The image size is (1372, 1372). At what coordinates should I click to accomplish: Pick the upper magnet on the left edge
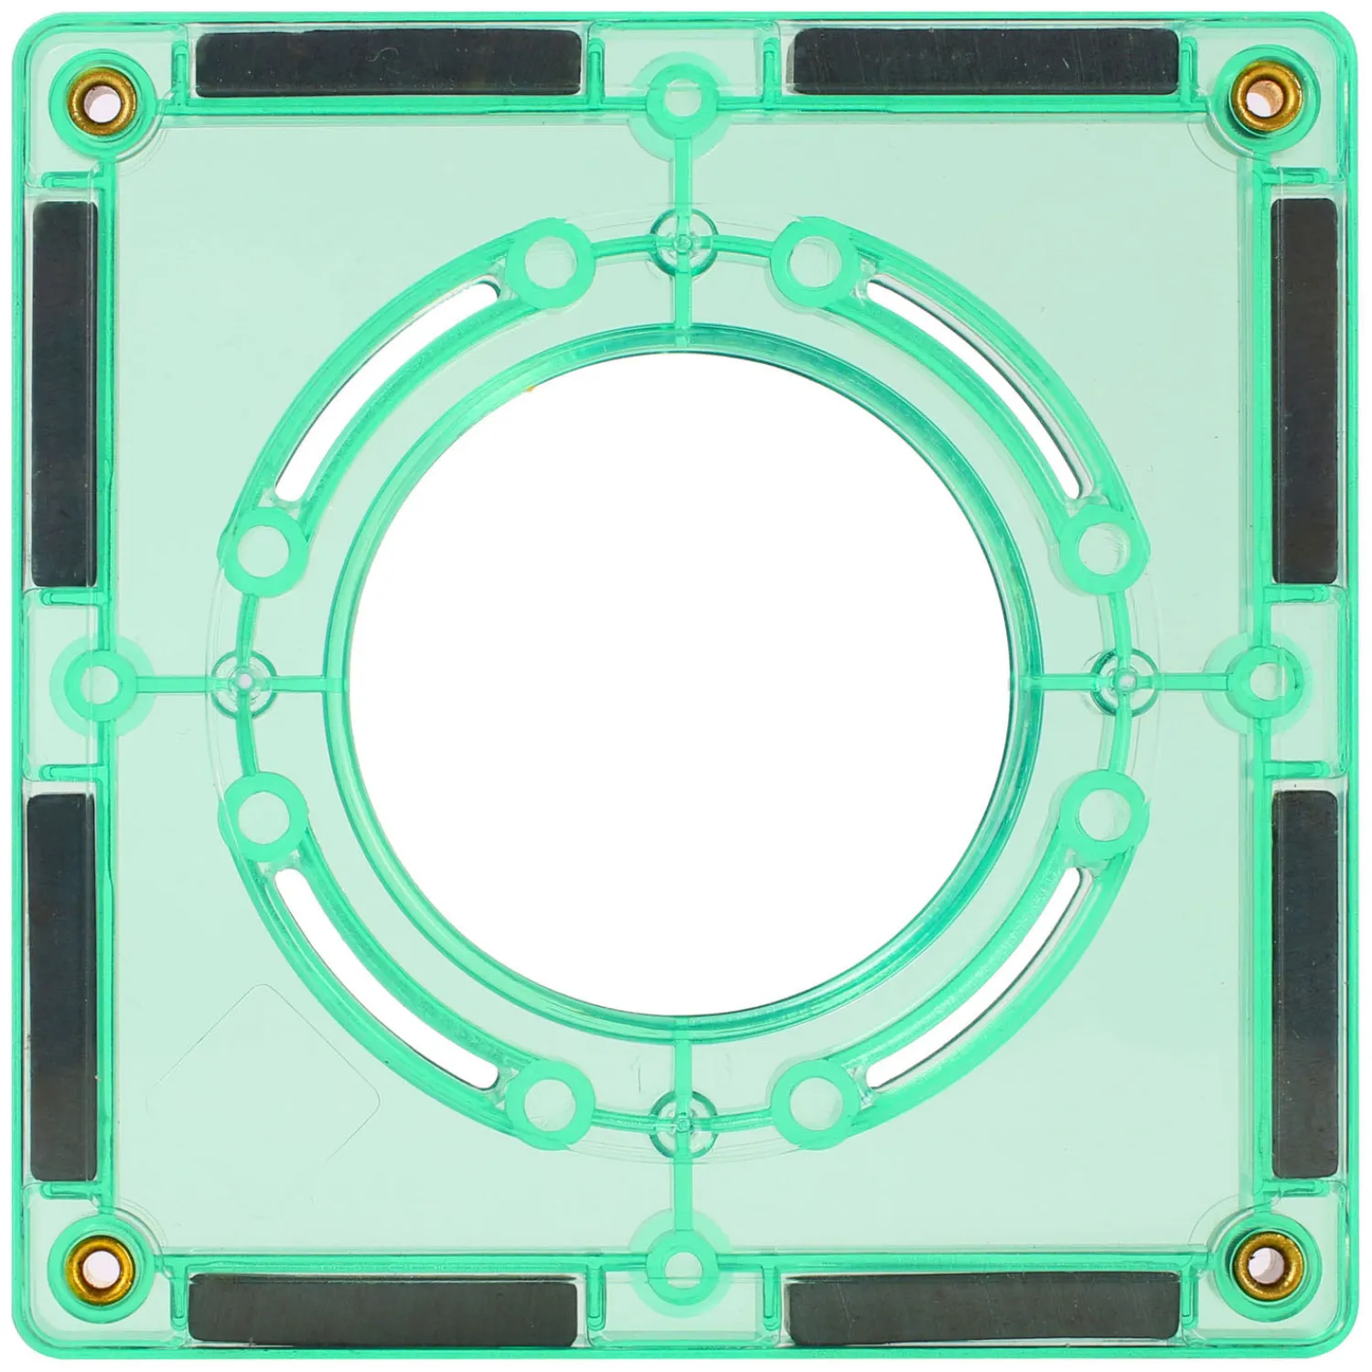point(64,393)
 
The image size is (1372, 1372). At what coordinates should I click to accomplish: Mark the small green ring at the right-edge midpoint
point(1262,680)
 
